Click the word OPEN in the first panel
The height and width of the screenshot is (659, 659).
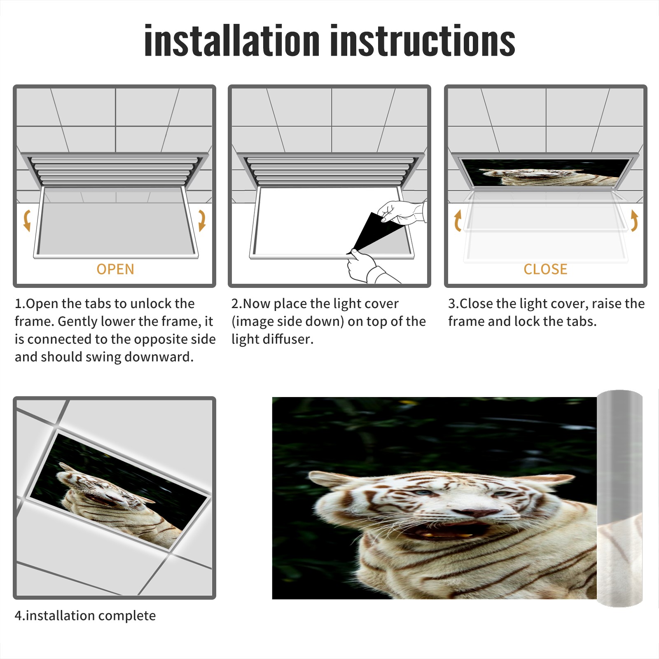tap(115, 269)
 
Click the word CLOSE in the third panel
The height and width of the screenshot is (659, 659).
tap(545, 269)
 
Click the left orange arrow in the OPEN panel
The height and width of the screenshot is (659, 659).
tap(27, 220)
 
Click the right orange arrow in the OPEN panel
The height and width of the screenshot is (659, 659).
tap(202, 220)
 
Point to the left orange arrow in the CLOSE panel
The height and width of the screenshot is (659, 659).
tap(458, 220)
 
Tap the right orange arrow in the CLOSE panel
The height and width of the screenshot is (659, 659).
tap(634, 220)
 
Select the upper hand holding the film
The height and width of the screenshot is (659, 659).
tap(402, 212)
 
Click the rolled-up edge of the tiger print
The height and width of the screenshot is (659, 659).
tap(619, 498)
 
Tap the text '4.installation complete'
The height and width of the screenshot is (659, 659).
tap(85, 616)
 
